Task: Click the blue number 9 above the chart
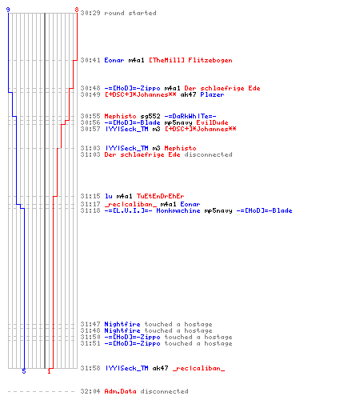8,10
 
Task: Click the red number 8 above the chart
77,10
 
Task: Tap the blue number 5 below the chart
24,371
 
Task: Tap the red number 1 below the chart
49,371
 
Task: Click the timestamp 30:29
90,13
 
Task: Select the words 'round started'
130,13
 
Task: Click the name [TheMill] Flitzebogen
190,60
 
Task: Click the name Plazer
212,94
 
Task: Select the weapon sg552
150,116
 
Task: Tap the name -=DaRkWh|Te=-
190,116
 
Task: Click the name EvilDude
212,122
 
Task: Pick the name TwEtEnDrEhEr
161,196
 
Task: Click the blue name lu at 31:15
108,196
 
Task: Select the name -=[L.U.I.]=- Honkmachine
152,210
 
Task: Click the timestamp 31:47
90,324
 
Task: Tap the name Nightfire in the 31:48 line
122,330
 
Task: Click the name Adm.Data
120,391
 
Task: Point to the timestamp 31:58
90,368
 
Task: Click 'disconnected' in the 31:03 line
208,154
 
